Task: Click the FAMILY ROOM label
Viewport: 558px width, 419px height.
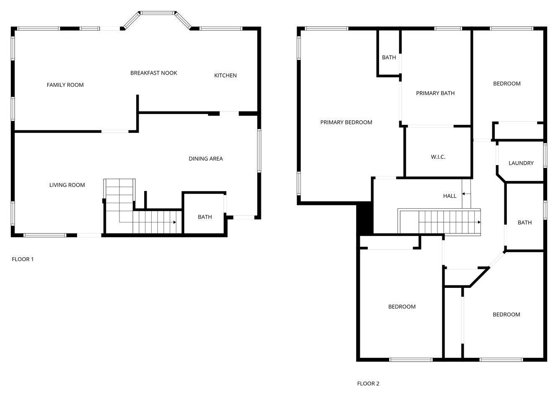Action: tap(65, 85)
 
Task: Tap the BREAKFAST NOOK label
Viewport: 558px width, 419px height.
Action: tap(153, 73)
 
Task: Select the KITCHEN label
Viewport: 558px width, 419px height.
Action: tap(225, 75)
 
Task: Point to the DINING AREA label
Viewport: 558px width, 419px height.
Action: tap(205, 159)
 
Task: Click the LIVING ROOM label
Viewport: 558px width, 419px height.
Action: tap(67, 185)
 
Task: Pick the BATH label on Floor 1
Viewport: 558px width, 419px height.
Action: tap(205, 217)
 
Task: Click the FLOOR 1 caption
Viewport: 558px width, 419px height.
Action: tap(23, 259)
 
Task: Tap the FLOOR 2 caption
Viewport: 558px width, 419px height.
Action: tap(368, 383)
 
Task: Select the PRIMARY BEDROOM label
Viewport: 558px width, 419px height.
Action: tap(346, 122)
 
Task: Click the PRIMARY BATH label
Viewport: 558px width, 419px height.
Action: tap(435, 93)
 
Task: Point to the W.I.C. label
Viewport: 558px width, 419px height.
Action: tap(438, 157)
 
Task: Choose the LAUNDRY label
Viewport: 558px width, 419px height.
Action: tap(521, 163)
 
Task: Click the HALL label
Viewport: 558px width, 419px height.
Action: tap(449, 196)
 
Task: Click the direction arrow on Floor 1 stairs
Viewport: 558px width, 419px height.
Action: tap(174, 222)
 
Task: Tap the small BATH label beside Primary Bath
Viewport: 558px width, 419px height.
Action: tap(389, 57)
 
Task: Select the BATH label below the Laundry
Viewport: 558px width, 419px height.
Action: tap(524, 223)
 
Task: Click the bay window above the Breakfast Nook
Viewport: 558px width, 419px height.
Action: tap(158, 13)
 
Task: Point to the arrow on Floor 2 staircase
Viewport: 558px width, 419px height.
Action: tap(479, 222)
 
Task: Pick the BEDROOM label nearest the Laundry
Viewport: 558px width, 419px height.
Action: tap(506, 84)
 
